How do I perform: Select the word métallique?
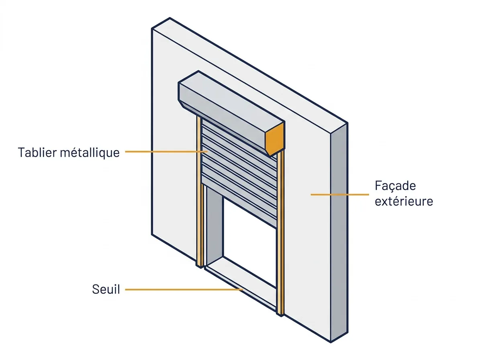point(90,153)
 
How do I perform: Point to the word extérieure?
point(404,201)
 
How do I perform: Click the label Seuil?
point(106,289)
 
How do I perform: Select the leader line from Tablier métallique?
point(166,151)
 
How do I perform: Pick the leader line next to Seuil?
point(184,290)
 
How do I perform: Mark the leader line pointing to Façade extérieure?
point(340,194)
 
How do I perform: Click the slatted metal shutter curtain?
point(239,174)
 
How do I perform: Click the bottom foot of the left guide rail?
point(199,266)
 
